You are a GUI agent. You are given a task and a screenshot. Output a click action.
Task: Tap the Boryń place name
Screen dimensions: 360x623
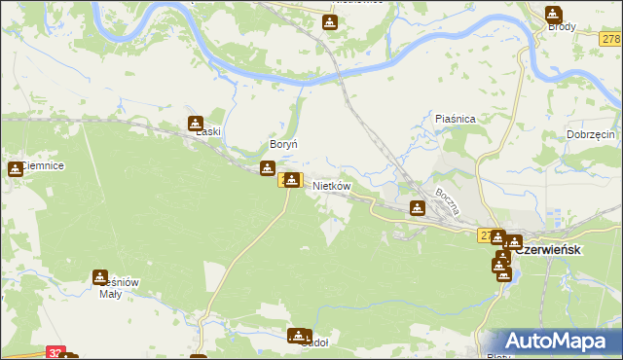282,144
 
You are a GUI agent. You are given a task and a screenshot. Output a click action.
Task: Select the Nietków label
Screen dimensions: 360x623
331,185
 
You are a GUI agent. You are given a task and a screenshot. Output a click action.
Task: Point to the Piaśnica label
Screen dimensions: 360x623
455,119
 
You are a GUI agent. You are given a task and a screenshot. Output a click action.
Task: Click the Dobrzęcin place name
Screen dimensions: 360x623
590,134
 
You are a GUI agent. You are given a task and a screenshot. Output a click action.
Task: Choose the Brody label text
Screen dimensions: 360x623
562,27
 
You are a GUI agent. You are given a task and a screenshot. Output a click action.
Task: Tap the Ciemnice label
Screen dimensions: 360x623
39,166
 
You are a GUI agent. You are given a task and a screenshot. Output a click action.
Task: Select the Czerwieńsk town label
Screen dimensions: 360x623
547,250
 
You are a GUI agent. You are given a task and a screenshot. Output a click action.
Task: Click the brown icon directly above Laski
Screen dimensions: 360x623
195,124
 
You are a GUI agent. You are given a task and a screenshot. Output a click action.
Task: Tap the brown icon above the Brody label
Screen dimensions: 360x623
553,14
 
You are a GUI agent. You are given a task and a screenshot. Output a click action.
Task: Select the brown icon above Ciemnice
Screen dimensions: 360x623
16,168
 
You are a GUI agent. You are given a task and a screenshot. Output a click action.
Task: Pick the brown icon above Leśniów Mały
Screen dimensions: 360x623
100,277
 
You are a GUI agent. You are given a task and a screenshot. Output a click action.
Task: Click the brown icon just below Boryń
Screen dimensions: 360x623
267,169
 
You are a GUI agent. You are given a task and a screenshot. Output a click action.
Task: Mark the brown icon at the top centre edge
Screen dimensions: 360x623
330,21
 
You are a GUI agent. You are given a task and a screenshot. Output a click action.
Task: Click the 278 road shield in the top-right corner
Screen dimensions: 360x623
611,39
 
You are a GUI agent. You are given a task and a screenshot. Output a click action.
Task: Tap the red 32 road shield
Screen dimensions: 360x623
55,354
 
